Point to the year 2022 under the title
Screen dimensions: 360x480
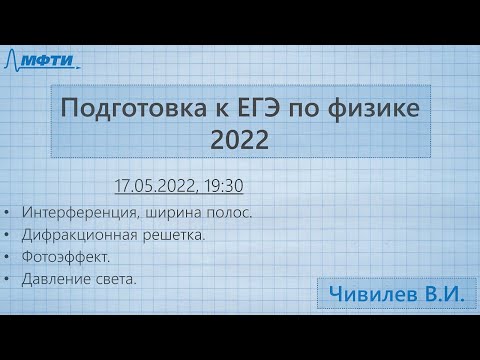(240, 142)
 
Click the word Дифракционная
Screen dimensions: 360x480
(82, 235)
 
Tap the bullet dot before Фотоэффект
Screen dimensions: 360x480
(8, 258)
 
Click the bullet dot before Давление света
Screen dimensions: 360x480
(8, 280)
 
